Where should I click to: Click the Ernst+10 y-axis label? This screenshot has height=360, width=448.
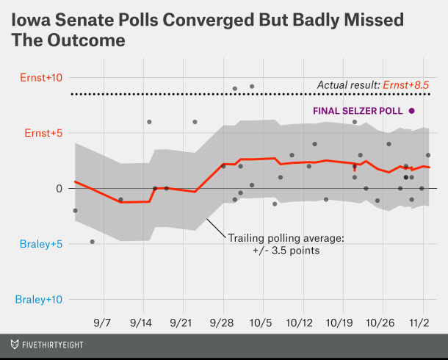point(40,78)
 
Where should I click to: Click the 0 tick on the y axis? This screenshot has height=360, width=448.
point(58,189)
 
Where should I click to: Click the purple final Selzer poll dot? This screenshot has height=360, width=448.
point(412,111)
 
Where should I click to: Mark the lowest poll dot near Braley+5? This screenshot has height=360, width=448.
point(92,242)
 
